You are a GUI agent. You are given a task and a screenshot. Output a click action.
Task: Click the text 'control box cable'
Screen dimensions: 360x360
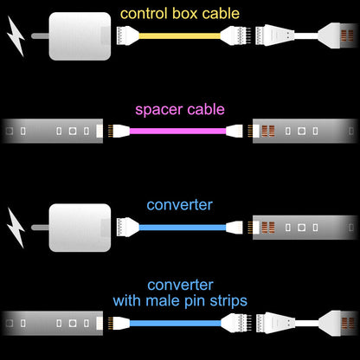point(179,13)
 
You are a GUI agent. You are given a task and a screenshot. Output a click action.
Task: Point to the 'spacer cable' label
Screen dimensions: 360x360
point(179,109)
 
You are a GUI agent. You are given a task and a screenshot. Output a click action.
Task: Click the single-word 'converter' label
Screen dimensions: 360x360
point(179,205)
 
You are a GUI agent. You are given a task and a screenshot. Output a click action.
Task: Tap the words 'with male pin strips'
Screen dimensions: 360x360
point(179,300)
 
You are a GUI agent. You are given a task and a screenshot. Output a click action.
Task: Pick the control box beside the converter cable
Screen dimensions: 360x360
point(80,227)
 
